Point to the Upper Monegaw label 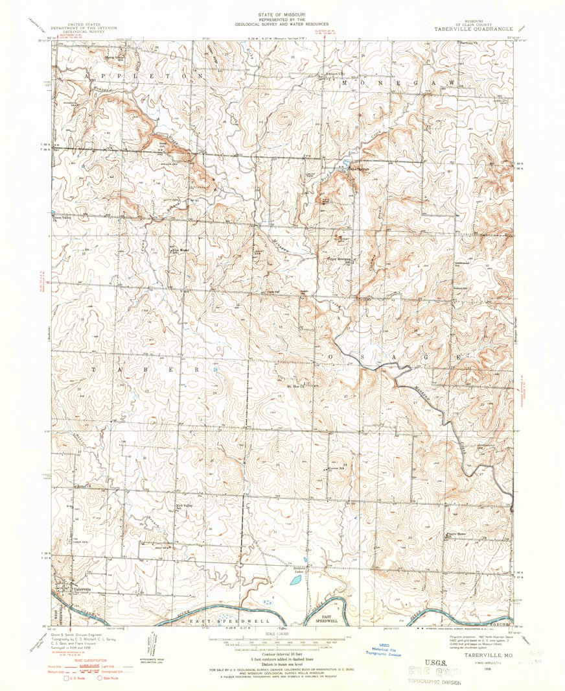tap(338, 264)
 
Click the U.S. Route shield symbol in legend tap(65, 677)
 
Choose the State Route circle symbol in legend tap(100, 677)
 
